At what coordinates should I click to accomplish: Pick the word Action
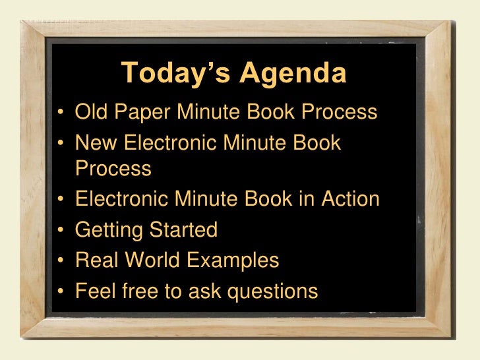coord(349,199)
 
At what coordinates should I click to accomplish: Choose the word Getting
coord(109,230)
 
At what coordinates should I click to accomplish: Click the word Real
coord(96,260)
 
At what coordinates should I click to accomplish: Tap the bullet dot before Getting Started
coord(60,231)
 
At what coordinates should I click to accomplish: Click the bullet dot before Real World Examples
coord(60,261)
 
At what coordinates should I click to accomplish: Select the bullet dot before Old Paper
coord(60,113)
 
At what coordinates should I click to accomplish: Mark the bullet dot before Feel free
coord(60,291)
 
